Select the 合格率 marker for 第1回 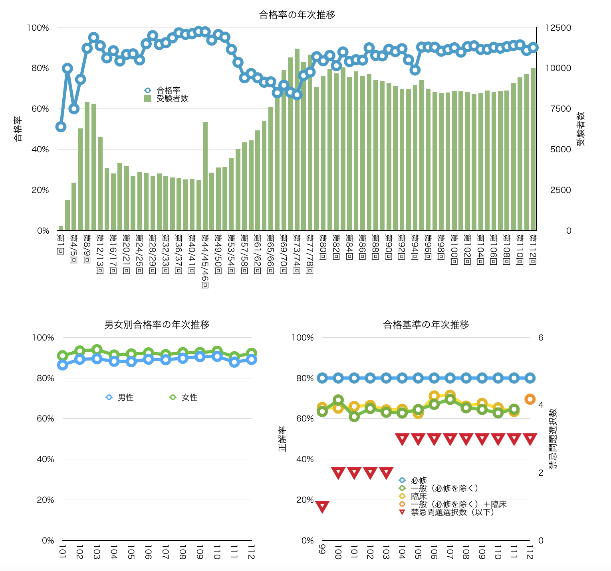point(61,127)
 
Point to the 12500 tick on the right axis point(558,28)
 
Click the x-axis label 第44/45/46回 point(205,261)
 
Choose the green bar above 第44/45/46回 point(205,176)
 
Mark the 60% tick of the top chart point(38,109)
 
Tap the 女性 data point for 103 point(97,350)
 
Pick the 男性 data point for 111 point(234,362)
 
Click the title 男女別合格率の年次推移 point(157,325)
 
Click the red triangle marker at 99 point(322,506)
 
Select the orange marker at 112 point(530,399)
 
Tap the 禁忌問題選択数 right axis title point(553,438)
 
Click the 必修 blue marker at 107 point(450,378)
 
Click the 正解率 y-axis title point(282,439)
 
